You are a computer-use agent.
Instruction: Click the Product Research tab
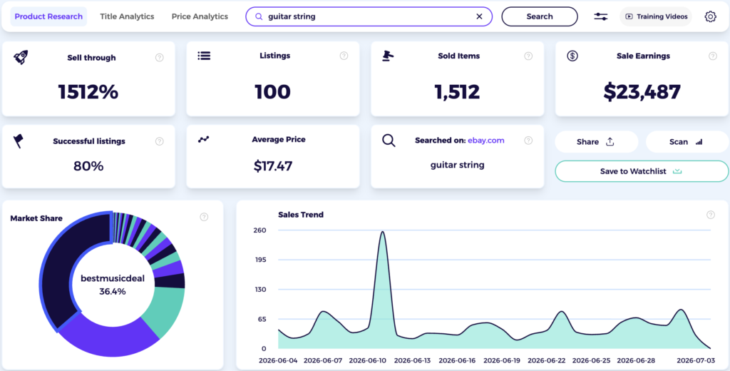[x=48, y=16]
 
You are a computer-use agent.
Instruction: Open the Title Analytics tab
[x=127, y=16]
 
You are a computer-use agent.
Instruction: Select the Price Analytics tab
[x=200, y=16]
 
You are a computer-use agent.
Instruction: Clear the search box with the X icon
[x=479, y=16]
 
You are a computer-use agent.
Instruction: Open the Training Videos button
[x=656, y=16]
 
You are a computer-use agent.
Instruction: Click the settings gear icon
[x=710, y=16]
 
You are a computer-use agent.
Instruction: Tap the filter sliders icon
[x=600, y=16]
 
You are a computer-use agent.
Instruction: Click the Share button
[x=597, y=142]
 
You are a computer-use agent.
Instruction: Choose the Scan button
[x=687, y=142]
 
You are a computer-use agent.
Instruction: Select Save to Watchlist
[x=642, y=171]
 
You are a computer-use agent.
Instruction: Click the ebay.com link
[x=485, y=141]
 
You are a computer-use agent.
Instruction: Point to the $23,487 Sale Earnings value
[x=642, y=92]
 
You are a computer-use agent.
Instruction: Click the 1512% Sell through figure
[x=88, y=92]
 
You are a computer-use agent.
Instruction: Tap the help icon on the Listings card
[x=344, y=56]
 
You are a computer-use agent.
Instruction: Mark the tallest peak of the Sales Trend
[x=382, y=232]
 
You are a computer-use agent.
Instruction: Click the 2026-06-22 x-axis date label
[x=547, y=360]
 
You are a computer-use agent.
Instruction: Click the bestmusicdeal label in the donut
[x=113, y=278]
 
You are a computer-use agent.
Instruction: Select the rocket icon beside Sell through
[x=21, y=57]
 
